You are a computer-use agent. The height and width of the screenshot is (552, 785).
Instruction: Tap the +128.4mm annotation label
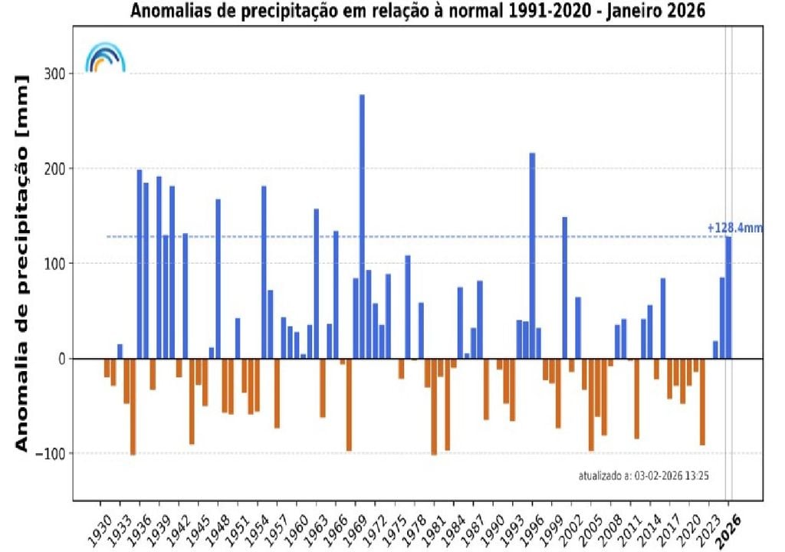click(734, 228)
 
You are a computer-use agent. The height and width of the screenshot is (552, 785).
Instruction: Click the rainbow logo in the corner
click(105, 58)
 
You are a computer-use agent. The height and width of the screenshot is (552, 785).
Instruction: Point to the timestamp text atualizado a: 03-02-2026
click(642, 476)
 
